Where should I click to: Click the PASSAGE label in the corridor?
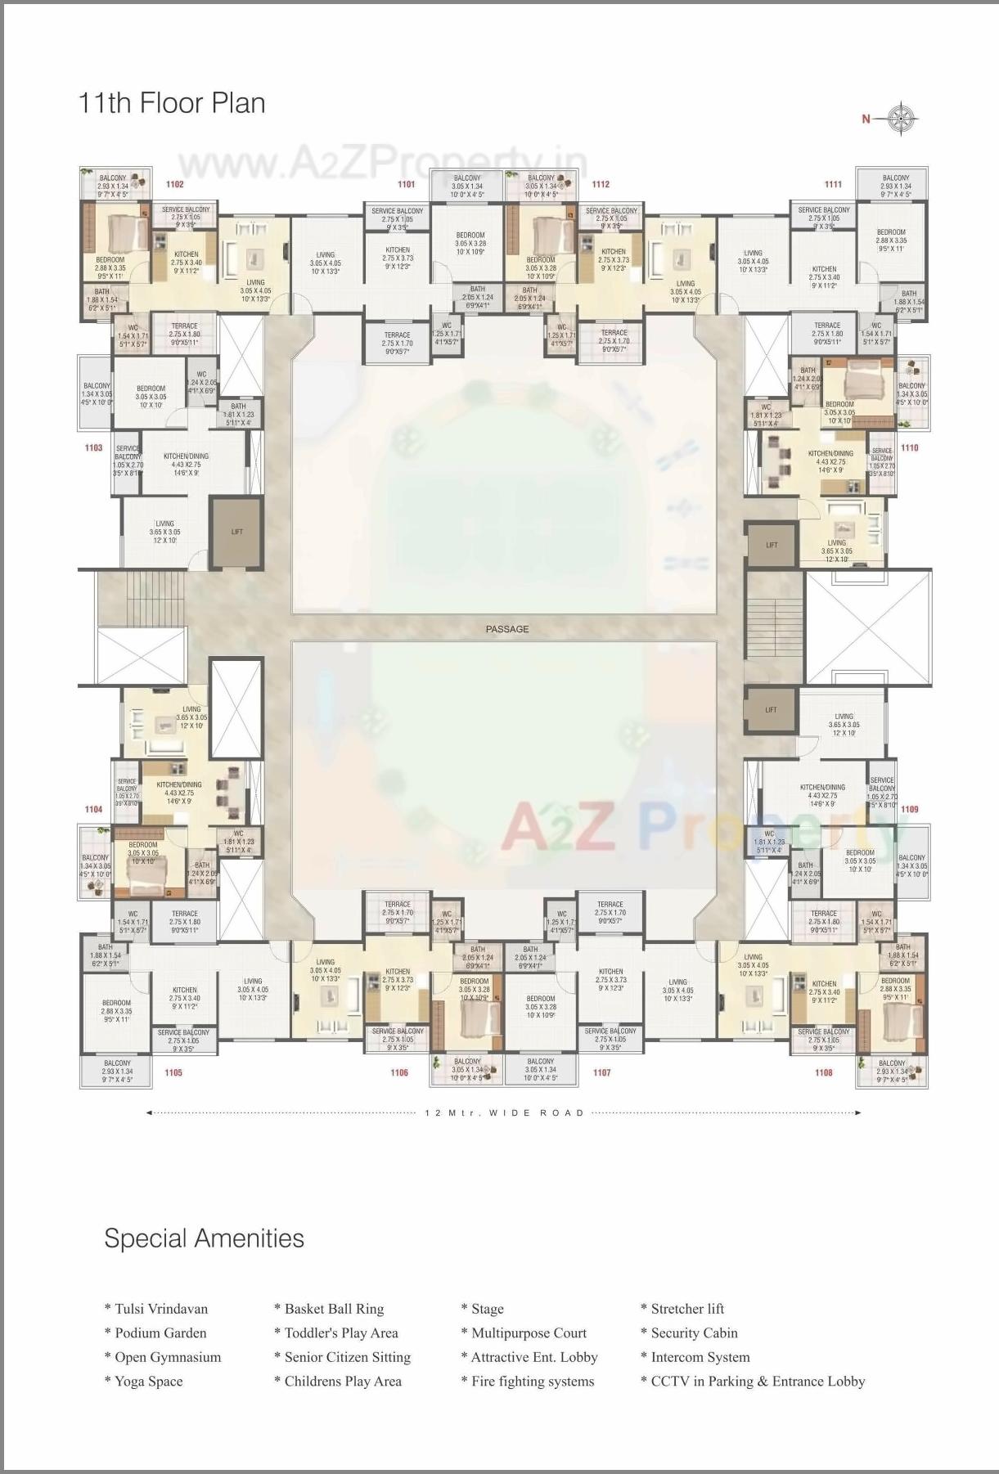[507, 629]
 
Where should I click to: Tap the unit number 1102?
[174, 185]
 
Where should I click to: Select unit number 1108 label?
[824, 1072]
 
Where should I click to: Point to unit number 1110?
[909, 448]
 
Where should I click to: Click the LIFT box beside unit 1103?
[237, 533]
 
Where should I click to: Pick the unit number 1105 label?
[173, 1072]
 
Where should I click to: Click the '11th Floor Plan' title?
[172, 104]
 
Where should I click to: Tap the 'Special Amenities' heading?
[204, 1238]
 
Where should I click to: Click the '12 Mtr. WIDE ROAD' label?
[505, 1112]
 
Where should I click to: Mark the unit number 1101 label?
[406, 185]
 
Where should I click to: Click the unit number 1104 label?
[94, 810]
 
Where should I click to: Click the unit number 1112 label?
[601, 185]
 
